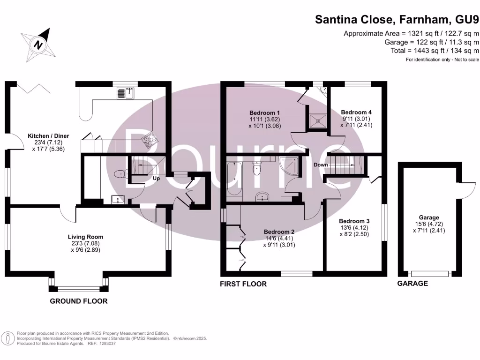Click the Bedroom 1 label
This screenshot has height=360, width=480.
click(265, 112)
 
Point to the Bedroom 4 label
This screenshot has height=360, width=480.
click(356, 112)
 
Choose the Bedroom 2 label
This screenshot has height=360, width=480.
click(279, 232)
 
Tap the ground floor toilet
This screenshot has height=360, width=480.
click(121, 174)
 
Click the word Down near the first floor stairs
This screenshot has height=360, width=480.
click(321, 165)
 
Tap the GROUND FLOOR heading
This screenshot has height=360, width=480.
click(79, 301)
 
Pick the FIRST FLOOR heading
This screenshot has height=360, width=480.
click(243, 284)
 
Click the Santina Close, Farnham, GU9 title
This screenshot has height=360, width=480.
click(397, 19)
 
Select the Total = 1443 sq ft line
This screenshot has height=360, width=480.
click(435, 51)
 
